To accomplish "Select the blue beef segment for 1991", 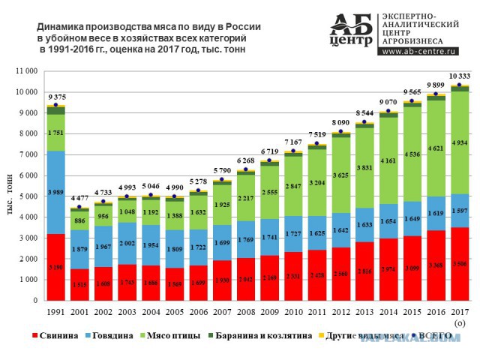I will click(55, 193).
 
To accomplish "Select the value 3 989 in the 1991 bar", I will click(55, 193).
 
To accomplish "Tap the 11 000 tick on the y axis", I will click(25, 71).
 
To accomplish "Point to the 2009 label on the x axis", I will click(270, 310).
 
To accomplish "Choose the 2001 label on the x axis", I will click(79, 310).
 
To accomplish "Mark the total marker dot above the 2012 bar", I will click(341, 132).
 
